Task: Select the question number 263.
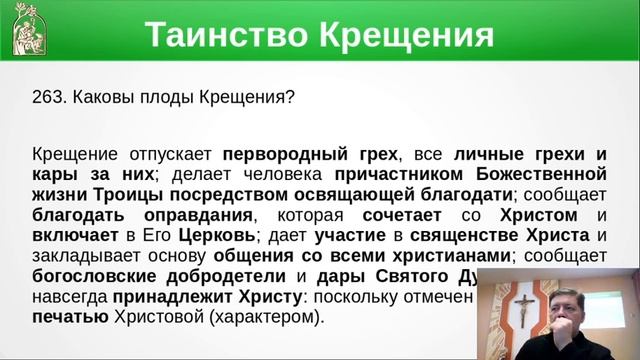click(x=48, y=99)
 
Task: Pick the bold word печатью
click(x=68, y=319)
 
